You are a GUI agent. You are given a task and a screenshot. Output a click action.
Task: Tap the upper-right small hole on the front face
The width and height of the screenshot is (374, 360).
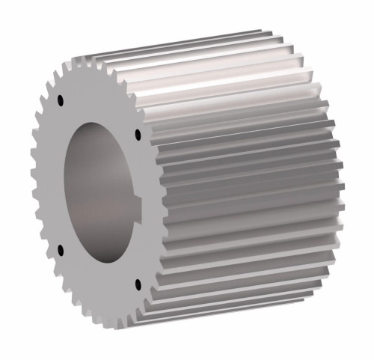click(138, 135)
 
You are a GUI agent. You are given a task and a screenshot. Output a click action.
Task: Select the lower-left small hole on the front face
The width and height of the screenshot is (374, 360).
click(59, 248)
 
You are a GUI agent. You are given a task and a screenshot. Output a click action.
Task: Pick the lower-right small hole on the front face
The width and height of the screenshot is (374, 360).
click(138, 284)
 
